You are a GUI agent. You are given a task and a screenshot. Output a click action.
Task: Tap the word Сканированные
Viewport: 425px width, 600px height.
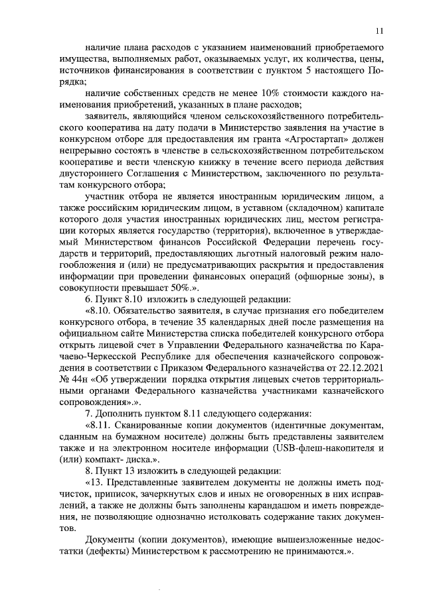(x=163, y=425)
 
